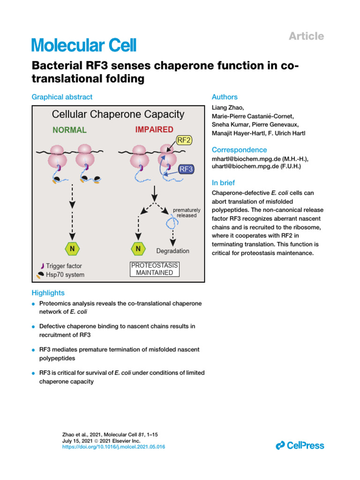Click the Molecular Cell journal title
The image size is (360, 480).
(x=84, y=45)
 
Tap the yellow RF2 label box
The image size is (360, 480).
(x=183, y=140)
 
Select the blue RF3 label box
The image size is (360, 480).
(x=187, y=169)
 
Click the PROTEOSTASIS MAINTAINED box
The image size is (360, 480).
(x=154, y=269)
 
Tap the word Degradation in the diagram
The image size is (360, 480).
(x=172, y=251)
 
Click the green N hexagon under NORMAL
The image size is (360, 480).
(x=72, y=248)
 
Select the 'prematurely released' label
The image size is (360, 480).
(x=187, y=213)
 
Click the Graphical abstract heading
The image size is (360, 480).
(x=62, y=97)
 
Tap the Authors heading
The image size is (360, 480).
(x=225, y=97)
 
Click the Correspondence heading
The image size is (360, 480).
(x=239, y=150)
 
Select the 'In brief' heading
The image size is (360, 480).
(x=224, y=183)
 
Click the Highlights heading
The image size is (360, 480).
(x=48, y=293)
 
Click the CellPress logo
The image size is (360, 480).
(x=300, y=445)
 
